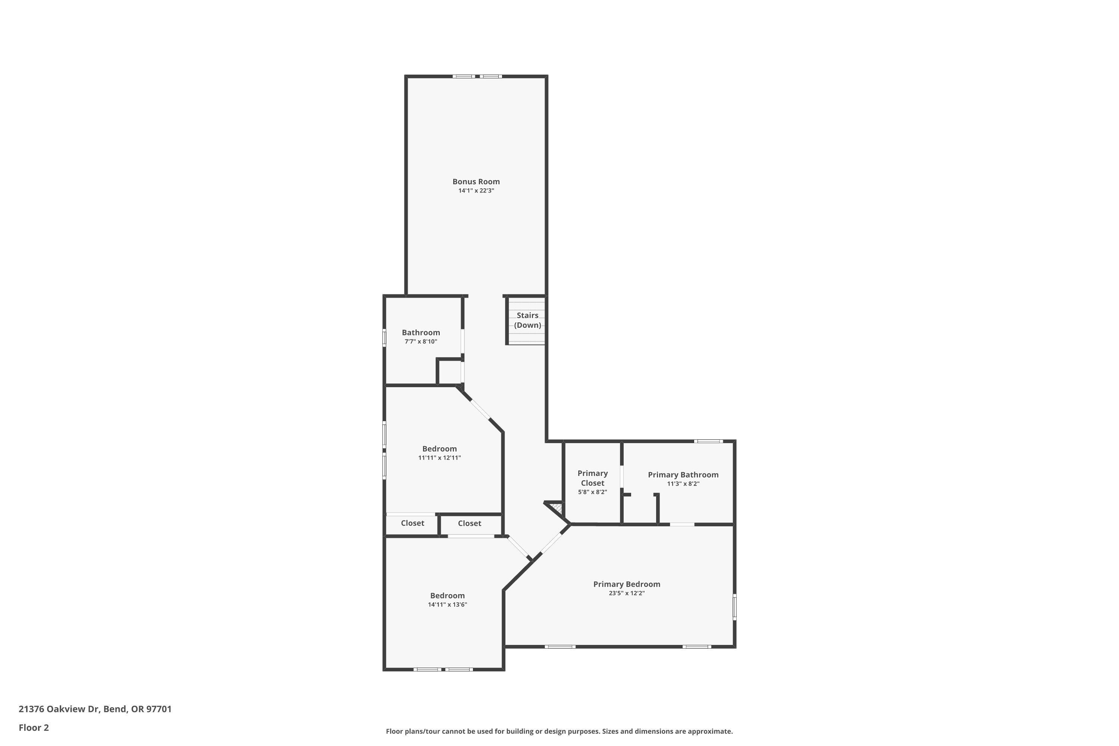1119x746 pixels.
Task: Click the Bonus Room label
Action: point(476,181)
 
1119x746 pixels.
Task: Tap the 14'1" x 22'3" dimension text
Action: point(476,191)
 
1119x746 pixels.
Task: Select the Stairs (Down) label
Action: point(527,320)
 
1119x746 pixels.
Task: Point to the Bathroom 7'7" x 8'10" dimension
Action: point(421,342)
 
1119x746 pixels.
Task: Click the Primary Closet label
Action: point(592,478)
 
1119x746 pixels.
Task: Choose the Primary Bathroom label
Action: point(683,474)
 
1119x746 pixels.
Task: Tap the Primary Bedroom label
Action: point(626,584)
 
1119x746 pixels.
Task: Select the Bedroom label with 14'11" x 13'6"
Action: point(447,595)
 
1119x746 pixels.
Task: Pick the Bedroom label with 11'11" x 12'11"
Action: point(439,449)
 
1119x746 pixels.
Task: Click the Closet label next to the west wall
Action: point(412,523)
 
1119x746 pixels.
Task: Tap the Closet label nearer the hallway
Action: point(469,523)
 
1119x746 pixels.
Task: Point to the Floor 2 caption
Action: point(34,727)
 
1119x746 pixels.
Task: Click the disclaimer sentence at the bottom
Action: point(559,731)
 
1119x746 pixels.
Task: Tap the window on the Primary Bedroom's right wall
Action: point(734,606)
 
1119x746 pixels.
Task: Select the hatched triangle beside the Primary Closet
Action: point(556,510)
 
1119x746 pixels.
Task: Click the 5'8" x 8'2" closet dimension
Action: point(592,492)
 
